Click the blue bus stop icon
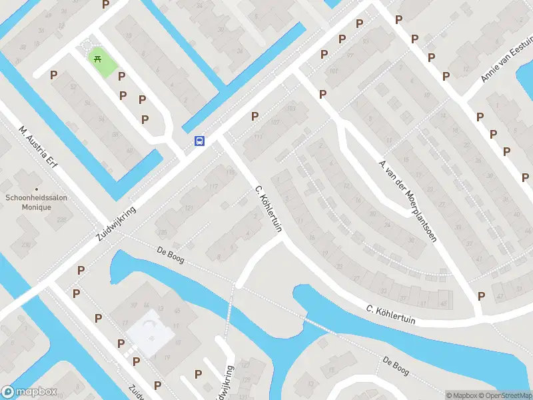(x=199, y=141)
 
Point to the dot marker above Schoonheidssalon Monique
(x=37, y=181)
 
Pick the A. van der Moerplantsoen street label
(x=407, y=200)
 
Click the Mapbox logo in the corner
(x=29, y=392)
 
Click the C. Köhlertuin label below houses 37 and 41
(x=391, y=315)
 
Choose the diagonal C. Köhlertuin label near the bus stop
(x=268, y=209)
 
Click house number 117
(x=213, y=186)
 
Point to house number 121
(x=189, y=209)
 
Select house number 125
(x=162, y=232)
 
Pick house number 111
(x=259, y=136)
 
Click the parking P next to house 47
(x=481, y=296)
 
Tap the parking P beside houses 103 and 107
(x=255, y=117)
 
